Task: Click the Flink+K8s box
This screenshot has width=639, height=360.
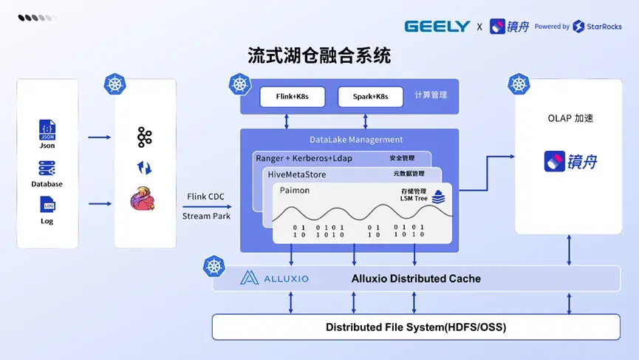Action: (292, 97)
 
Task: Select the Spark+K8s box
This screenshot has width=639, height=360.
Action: (370, 97)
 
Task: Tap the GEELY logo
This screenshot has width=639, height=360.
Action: (437, 27)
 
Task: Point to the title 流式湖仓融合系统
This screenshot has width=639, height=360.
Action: (319, 55)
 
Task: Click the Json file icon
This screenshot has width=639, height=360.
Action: (47, 131)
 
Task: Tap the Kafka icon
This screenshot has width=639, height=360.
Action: (144, 137)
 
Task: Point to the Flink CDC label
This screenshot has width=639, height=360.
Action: (206, 197)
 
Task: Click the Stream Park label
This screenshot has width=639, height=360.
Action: (206, 216)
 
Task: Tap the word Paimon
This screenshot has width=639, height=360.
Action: (295, 191)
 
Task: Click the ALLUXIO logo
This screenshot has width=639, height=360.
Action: (276, 279)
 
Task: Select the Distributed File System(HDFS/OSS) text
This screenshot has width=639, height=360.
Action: (416, 327)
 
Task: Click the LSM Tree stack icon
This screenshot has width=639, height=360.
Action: (439, 197)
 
